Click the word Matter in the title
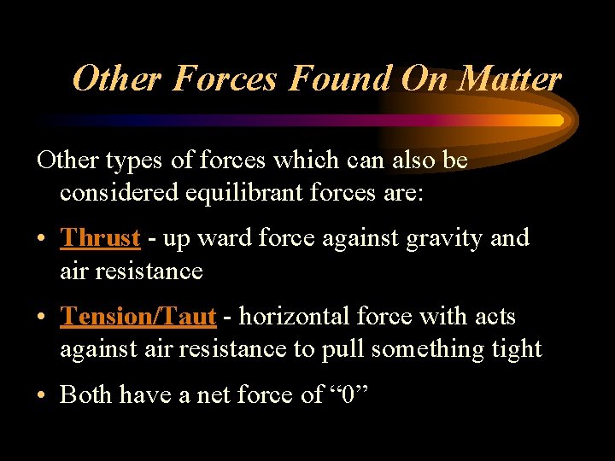point(510,79)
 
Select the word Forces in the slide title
point(224,79)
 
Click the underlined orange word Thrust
point(100,237)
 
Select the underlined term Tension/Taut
point(138,317)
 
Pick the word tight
point(515,349)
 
